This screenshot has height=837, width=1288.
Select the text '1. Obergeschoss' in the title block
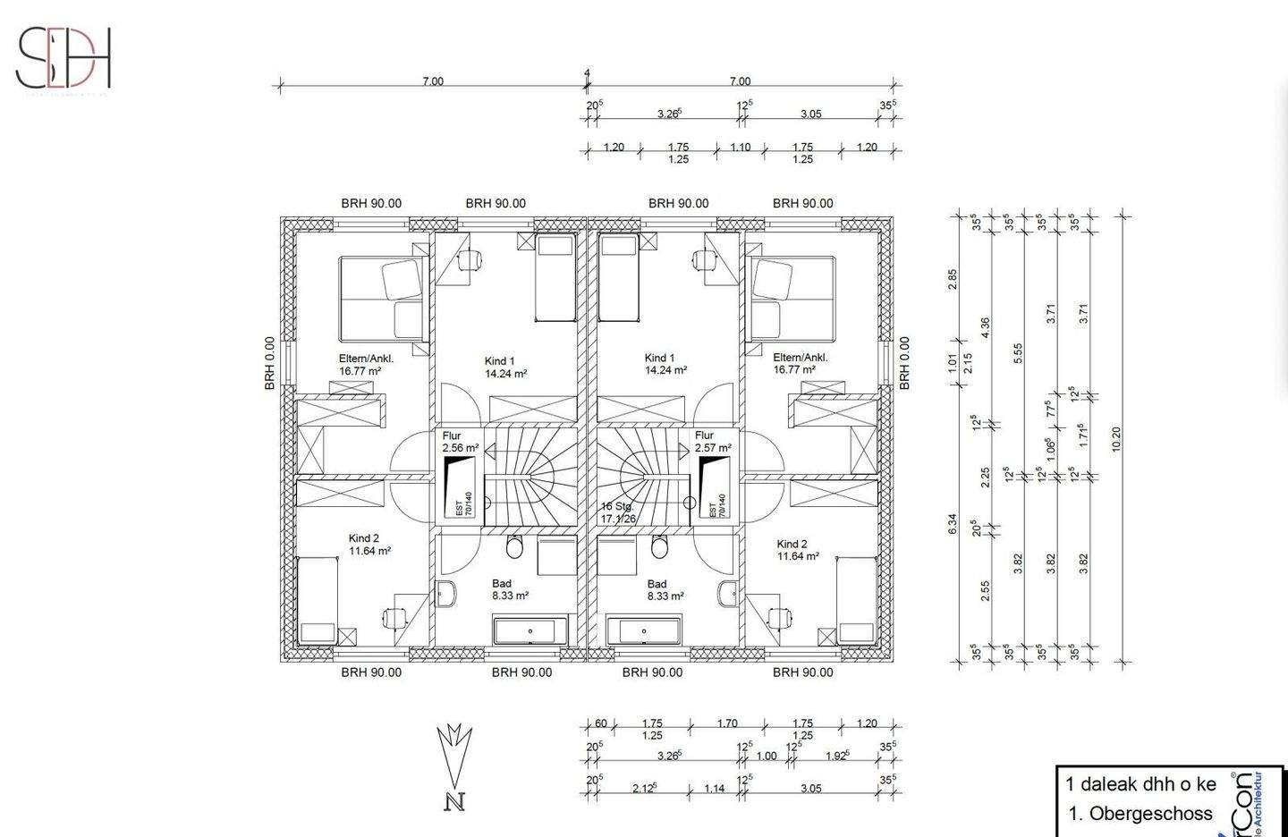click(x=1140, y=814)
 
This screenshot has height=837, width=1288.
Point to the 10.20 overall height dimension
click(x=1114, y=438)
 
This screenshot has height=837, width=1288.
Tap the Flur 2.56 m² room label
click(x=461, y=442)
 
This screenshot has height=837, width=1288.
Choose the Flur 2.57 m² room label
click(x=713, y=442)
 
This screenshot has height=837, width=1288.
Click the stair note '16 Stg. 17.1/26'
click(x=618, y=512)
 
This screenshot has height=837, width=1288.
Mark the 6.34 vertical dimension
click(x=953, y=524)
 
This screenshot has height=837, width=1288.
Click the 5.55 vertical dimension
click(x=1018, y=353)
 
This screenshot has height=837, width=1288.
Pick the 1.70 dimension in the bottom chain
click(x=727, y=723)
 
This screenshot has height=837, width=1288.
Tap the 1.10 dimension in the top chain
click(x=741, y=148)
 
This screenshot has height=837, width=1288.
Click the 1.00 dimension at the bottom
click(x=767, y=756)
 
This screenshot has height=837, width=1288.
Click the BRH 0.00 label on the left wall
click(x=268, y=363)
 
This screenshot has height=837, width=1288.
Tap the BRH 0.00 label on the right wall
click(x=904, y=363)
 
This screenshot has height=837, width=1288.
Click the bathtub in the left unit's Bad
click(x=530, y=630)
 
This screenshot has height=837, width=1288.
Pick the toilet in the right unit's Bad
click(x=659, y=546)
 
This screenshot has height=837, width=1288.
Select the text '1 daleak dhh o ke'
click(x=1140, y=784)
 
